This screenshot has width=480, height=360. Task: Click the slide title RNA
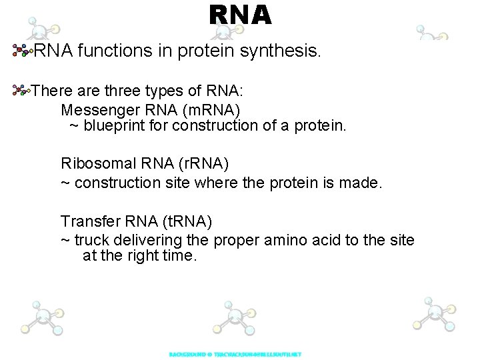tap(240, 15)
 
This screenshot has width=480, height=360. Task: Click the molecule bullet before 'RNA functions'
tap(23, 50)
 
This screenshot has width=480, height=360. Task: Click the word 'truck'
tap(93, 240)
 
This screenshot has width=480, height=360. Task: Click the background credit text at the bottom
tap(235, 354)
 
